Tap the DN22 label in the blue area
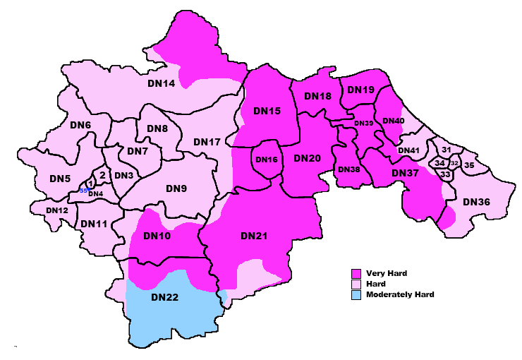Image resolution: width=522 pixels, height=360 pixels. pos(166,297)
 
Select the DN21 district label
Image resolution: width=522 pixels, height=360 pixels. pos(254,235)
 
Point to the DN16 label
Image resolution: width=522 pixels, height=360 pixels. pos(267,160)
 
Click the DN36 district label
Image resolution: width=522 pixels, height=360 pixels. pos(476,202)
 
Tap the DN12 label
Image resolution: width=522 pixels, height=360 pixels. pos(57,210)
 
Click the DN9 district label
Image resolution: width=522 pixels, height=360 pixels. pos(176,188)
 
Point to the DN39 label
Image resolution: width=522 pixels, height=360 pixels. pos(364,124)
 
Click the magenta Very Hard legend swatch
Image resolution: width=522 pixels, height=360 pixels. pos(357,272)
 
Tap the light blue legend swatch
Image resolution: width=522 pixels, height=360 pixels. pos(357,294)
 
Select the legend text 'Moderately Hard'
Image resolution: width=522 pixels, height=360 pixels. pos(399,294)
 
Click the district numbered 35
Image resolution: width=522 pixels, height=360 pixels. pos(469,165)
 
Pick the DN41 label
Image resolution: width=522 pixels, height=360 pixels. pos(409,150)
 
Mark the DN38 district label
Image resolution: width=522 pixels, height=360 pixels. pos(348,169)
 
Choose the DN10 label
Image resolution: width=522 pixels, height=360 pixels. pos(157,236)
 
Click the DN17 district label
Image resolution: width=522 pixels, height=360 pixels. pos(207,143)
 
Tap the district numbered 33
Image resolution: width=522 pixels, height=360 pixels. pos(444,174)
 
